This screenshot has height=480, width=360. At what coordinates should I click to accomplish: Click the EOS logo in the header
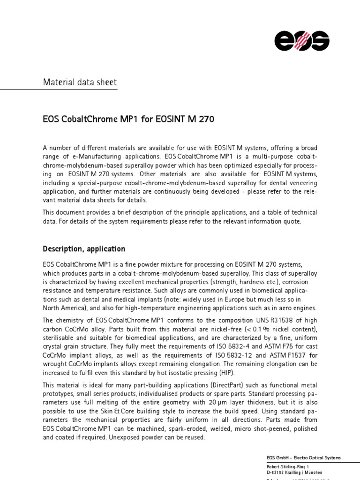pos(302,40)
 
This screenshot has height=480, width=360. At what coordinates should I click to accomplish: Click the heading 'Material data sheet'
pos(80,82)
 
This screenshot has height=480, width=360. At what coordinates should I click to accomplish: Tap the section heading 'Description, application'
pos(84,249)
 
